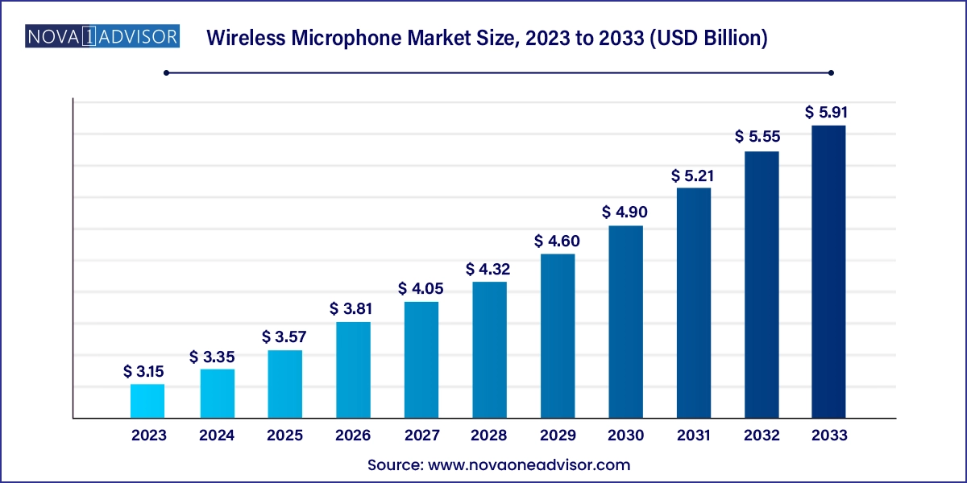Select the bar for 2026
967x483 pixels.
pos(353,370)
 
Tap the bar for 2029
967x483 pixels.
pos(558,336)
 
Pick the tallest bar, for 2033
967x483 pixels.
pos(828,272)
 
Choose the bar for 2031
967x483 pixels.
pos(694,303)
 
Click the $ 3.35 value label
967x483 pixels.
pos(217,357)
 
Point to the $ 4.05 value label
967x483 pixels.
pos(421,289)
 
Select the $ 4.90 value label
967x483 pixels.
pos(625,213)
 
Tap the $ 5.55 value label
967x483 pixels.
pos(762,138)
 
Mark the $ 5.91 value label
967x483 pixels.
pos(828,113)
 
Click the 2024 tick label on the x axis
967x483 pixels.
pos(217,436)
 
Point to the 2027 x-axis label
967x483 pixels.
pos(421,436)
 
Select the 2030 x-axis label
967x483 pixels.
pos(625,436)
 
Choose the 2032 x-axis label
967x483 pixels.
pos(762,436)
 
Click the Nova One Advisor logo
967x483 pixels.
pos(102,37)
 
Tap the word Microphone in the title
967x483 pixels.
pos(358,38)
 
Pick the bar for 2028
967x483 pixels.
pos(489,350)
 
